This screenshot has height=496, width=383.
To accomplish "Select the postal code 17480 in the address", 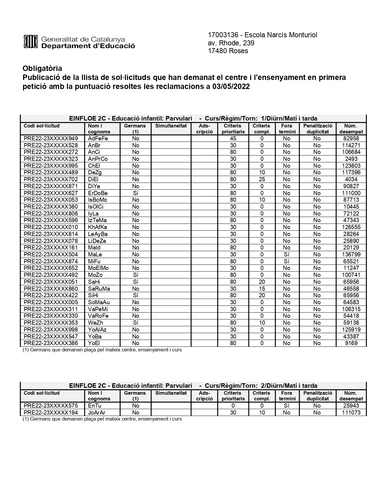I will [217, 51].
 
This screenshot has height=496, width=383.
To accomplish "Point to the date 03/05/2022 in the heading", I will [231, 87].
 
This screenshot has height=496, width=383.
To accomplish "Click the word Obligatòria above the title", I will [42, 69].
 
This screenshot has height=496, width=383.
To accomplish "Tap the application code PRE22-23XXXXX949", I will [51, 139].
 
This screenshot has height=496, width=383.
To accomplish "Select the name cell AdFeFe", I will [98, 139].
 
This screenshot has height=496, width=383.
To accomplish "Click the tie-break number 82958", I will [351, 139].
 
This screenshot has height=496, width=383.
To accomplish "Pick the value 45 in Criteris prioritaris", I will [233, 139].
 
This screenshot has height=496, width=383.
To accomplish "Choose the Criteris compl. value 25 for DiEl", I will [262, 179].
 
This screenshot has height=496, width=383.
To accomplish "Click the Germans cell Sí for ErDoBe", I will [135, 193].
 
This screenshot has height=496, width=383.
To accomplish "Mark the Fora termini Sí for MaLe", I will [287, 255].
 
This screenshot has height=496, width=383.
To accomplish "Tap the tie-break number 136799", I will [351, 255].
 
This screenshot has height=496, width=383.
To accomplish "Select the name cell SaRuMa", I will [99, 289].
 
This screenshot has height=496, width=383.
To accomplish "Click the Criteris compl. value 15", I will [262, 289].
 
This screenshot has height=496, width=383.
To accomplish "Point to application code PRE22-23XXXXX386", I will [51, 343].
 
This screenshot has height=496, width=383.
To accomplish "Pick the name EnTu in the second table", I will [95, 406].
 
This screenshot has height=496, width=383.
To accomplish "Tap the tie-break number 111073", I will [351, 413].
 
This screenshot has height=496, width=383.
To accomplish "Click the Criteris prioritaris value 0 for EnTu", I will [233, 406].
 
